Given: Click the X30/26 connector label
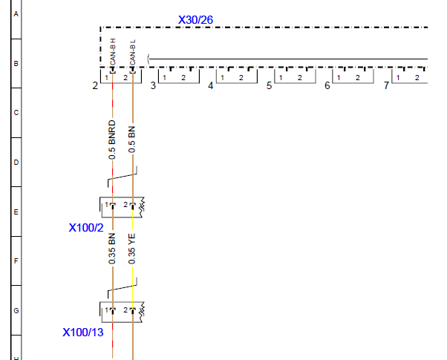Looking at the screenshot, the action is click(x=195, y=20).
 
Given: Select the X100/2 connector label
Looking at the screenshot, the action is click(x=86, y=228).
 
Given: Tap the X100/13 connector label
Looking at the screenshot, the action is click(x=83, y=333).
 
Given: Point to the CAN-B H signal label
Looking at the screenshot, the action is click(x=113, y=52).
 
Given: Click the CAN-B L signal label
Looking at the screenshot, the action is click(x=133, y=53).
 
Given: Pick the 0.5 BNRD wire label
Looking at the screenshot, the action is click(x=112, y=140).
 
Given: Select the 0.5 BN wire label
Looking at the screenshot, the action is click(x=132, y=140).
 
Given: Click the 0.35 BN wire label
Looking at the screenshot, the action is click(x=112, y=249).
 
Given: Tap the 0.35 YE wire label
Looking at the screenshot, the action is click(x=132, y=249).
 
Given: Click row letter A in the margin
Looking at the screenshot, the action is click(x=16, y=14).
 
